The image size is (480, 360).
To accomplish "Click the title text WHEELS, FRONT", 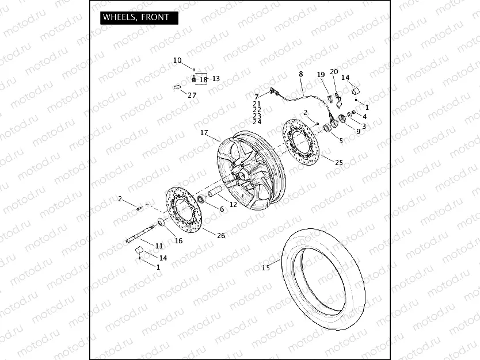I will [136, 17].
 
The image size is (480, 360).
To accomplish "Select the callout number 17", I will [204, 133].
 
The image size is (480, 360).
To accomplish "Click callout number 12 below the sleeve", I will [233, 205].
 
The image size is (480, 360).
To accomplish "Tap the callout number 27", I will [192, 95].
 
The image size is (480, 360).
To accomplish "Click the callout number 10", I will [177, 60].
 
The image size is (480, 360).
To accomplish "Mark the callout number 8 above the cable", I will [300, 74].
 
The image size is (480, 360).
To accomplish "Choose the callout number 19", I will [321, 75].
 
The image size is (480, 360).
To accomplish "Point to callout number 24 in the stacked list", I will [257, 122].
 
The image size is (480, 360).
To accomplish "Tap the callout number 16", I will [178, 240].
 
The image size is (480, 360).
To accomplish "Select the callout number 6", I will [222, 209].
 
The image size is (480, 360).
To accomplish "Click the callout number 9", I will [358, 132].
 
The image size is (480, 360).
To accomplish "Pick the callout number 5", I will [340, 140].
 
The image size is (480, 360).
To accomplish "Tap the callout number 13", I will [216, 79].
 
